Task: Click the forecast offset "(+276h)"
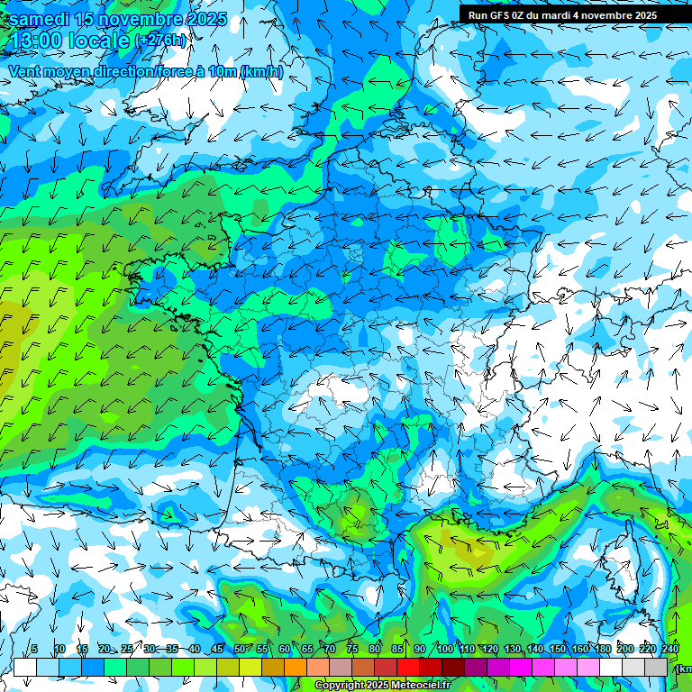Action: point(161,41)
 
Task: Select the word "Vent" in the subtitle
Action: point(25,71)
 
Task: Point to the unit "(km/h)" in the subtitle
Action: point(262,71)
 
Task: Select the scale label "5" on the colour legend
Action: point(34,649)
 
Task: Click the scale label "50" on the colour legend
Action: point(239,649)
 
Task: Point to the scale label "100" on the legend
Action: point(444,649)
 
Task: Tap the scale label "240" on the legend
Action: point(670,649)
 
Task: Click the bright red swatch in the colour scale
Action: point(408,667)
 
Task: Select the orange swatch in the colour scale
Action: point(295,667)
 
